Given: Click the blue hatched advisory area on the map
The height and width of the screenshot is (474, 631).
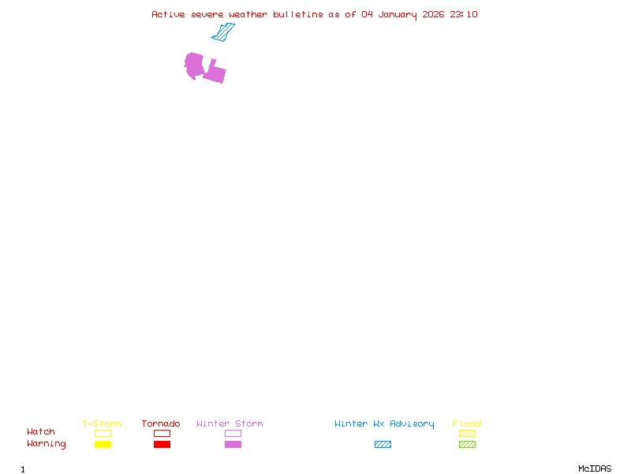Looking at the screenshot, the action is (x=223, y=32).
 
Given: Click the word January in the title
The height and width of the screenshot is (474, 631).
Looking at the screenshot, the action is (x=398, y=15).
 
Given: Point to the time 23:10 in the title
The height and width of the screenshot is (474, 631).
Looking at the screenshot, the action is (x=464, y=14).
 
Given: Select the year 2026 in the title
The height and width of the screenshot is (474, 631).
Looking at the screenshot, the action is (x=433, y=14).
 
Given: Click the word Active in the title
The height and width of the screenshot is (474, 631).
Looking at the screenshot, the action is (x=168, y=14).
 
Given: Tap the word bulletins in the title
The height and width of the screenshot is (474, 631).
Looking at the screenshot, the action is (x=298, y=14).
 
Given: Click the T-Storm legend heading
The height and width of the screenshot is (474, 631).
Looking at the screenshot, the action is (x=102, y=423).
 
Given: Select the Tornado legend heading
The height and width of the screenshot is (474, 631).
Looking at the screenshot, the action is (x=161, y=423).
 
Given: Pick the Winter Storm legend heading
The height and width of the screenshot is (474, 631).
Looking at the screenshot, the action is (x=230, y=423).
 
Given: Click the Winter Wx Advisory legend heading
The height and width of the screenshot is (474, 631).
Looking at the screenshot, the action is (x=384, y=424).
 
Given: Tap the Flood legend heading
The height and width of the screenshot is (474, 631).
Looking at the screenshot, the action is (x=467, y=423).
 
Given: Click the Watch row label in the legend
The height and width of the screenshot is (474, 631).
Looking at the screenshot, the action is (x=41, y=431).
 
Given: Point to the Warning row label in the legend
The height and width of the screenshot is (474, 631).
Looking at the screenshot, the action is (x=47, y=444).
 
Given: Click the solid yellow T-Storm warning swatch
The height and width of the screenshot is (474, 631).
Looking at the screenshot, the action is (x=103, y=444).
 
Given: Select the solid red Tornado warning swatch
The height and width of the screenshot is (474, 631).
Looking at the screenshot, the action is (x=162, y=444).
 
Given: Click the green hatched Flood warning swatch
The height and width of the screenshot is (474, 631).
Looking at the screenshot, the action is (x=467, y=444).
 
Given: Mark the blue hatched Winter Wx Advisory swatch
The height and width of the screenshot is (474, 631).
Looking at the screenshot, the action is (x=383, y=444).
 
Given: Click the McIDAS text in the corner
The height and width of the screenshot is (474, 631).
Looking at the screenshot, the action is (x=595, y=468).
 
